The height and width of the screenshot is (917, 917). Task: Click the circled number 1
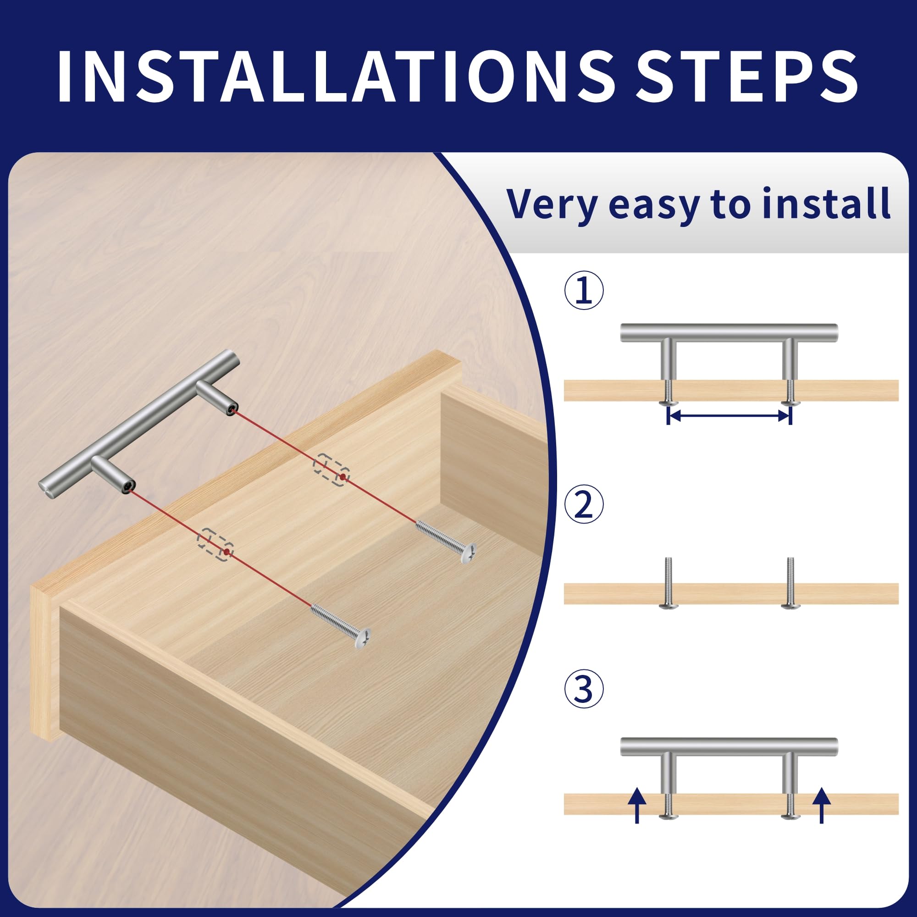pos(584,291)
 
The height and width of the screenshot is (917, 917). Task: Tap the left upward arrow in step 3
pos(637,806)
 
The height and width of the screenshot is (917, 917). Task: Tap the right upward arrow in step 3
pos(821,806)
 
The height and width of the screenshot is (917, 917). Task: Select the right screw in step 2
pos(790,582)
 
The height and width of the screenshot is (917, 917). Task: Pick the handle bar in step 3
pos(729,747)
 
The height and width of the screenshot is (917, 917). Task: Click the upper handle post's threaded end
pos(232,408)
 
